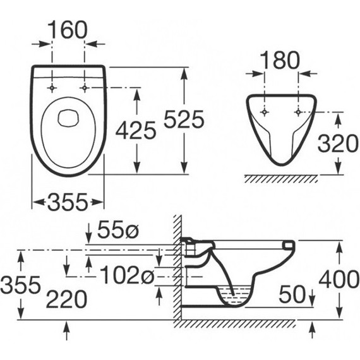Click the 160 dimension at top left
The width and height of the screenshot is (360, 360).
[x=68, y=30]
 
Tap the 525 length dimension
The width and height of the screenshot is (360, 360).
[x=184, y=119]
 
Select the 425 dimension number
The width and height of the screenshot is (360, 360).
[x=136, y=130]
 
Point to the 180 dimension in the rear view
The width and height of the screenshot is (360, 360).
[x=280, y=60]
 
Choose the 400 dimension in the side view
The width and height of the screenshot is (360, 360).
[x=339, y=279]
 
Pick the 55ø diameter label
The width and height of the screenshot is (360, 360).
[x=118, y=230]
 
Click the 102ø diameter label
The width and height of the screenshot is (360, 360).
[x=128, y=275]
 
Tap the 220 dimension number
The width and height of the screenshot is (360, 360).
[x=67, y=299]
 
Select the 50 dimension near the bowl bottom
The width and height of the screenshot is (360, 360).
[x=292, y=294]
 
